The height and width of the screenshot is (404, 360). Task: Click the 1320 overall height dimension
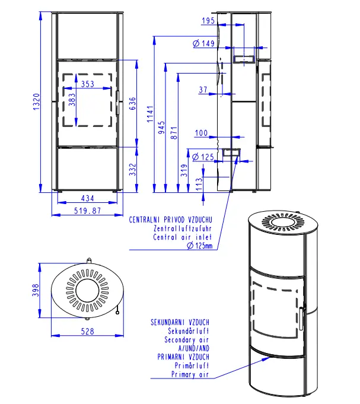[37, 102]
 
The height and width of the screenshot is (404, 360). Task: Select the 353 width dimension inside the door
[88, 84]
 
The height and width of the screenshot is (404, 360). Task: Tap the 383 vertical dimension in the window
[72, 100]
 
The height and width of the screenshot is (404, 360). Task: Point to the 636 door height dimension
[132, 103]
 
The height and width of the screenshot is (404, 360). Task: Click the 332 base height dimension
[132, 169]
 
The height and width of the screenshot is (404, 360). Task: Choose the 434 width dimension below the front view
[88, 198]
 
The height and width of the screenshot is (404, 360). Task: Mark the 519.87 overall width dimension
[88, 211]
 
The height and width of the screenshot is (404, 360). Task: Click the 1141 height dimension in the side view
[150, 114]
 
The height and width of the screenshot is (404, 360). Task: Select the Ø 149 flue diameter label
[203, 43]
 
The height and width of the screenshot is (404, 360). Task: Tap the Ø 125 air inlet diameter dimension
[203, 157]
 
